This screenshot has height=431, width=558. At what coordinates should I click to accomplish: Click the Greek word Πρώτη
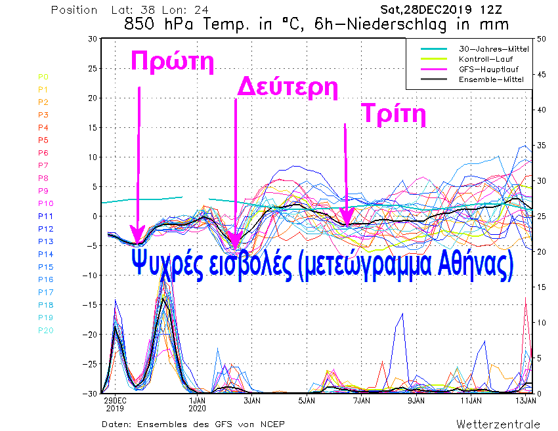(173, 60)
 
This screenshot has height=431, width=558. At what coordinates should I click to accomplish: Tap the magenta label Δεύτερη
(286, 87)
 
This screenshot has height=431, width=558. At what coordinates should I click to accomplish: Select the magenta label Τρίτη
(394, 115)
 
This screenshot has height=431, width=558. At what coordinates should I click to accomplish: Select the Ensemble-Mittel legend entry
(484, 79)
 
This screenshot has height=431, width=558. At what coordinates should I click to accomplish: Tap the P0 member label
(43, 77)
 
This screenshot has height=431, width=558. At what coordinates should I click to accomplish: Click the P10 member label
(45, 203)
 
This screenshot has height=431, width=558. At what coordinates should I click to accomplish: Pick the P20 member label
(45, 330)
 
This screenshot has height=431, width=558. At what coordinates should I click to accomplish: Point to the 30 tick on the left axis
(92, 39)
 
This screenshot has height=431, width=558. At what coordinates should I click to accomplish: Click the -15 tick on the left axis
(89, 305)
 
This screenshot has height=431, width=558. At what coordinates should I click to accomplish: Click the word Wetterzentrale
(498, 424)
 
